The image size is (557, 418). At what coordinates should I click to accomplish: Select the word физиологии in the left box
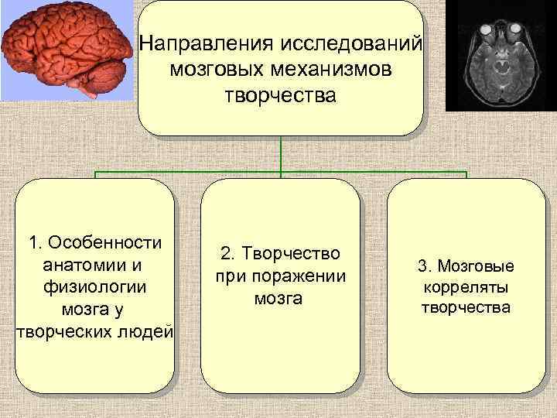pyautogui.click(x=94, y=286)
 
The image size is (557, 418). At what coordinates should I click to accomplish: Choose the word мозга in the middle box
pyautogui.click(x=280, y=298)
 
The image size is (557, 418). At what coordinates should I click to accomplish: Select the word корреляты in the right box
pyautogui.click(x=466, y=288)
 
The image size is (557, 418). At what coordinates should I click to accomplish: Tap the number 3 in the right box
pyautogui.click(x=422, y=267)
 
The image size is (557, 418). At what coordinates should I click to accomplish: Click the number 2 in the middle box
pyautogui.click(x=225, y=253)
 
